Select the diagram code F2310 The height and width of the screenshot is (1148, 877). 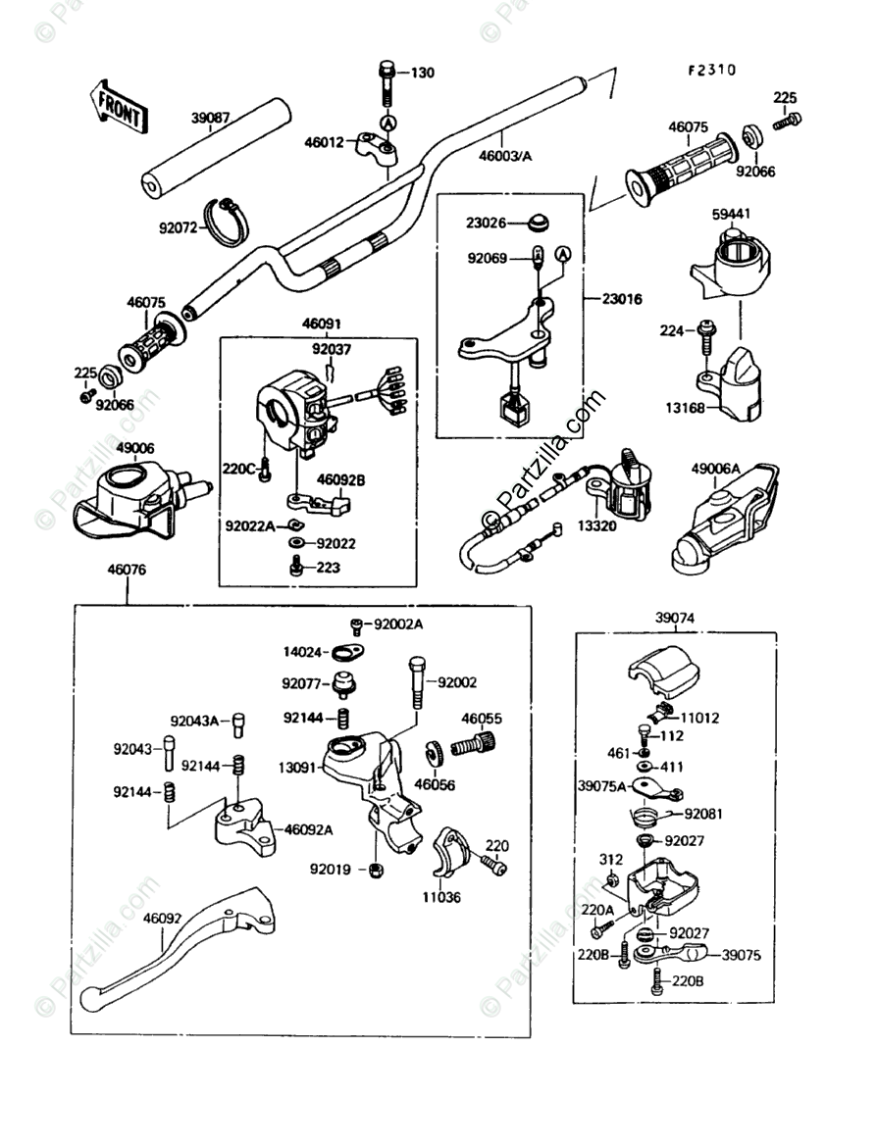711,71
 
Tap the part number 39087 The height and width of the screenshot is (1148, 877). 210,119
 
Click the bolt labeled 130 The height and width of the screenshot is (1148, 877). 387,86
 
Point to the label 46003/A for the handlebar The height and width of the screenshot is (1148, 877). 506,154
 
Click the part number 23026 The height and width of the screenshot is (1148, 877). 486,224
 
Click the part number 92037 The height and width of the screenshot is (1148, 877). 332,348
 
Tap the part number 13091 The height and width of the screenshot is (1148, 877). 296,768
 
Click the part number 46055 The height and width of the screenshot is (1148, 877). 482,719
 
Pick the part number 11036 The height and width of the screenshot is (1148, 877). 442,896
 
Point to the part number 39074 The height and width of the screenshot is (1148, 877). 675,619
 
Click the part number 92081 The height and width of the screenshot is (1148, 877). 703,813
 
